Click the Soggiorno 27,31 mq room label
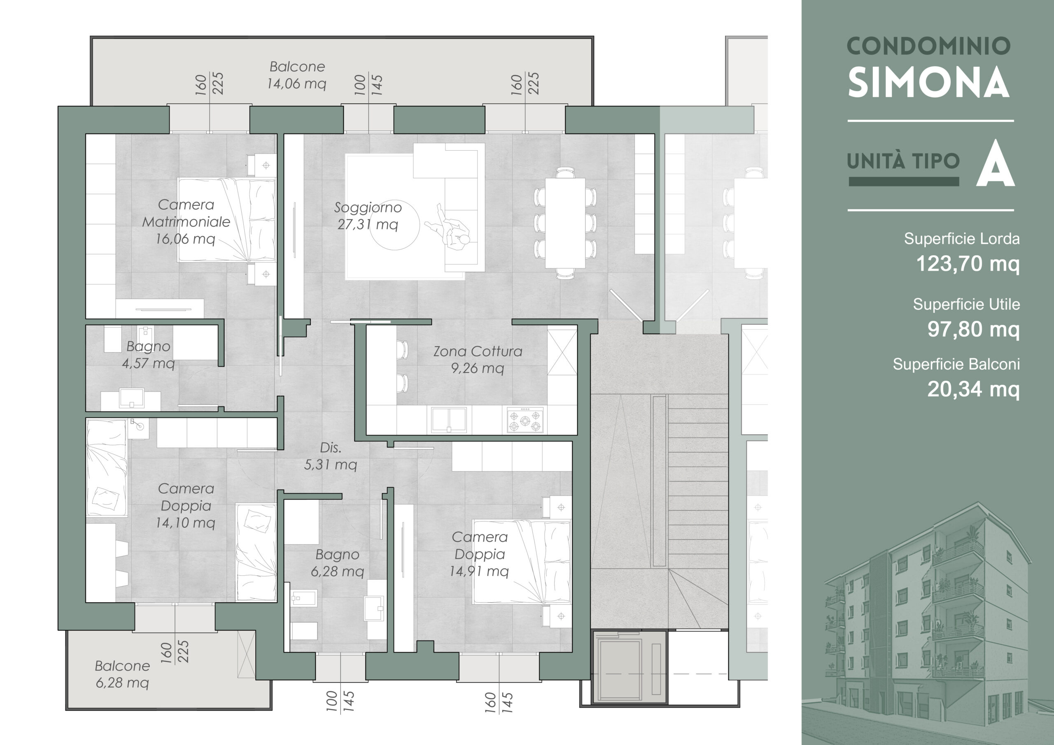tap(368, 216)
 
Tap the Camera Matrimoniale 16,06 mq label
tap(186, 222)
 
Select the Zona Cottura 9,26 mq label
tap(478, 359)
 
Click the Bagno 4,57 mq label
tap(148, 354)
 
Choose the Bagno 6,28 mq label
tap(338, 563)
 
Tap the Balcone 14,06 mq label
tap(297, 75)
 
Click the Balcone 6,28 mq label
tap(122, 674)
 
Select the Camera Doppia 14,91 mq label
tap(479, 554)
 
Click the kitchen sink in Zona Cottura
tap(449, 419)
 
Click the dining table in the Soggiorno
tap(565, 223)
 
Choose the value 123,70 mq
tap(968, 263)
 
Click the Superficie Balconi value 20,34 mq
tap(974, 389)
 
